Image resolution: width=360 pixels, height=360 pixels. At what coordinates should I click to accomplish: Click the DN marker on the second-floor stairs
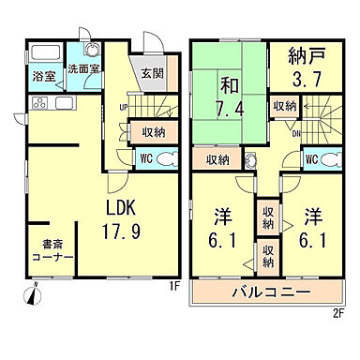click(x=297, y=133)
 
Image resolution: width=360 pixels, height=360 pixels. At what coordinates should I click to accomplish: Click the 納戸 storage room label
click(x=302, y=57)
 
